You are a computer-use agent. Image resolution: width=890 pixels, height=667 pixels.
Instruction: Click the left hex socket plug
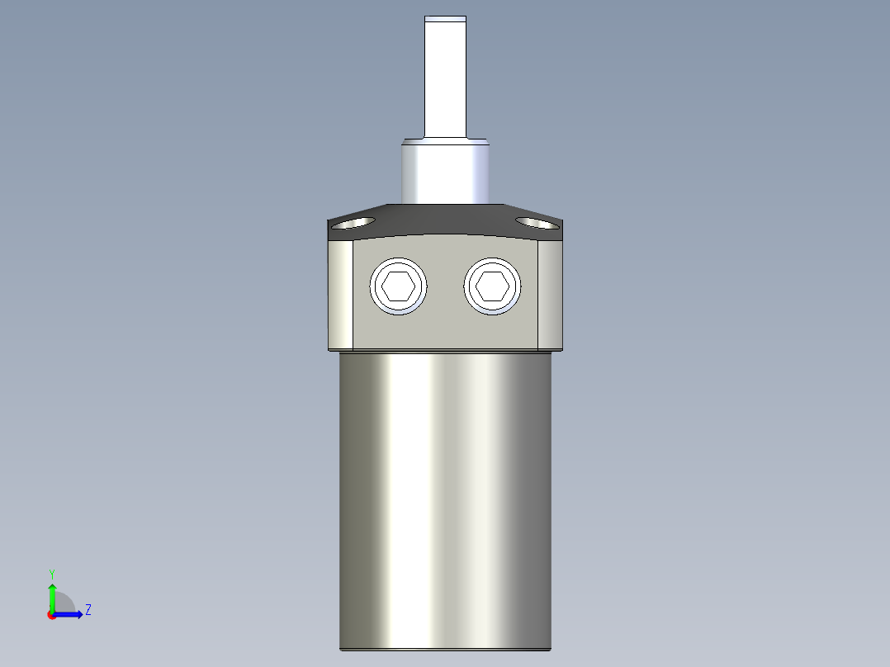point(400,286)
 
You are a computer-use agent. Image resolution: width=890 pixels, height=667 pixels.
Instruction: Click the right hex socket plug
point(494,286)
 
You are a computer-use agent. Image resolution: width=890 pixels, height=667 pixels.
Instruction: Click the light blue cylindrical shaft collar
point(445,172)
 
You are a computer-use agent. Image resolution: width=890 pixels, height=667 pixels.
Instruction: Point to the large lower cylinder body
point(445,495)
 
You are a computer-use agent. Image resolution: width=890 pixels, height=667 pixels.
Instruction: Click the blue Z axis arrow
point(71,614)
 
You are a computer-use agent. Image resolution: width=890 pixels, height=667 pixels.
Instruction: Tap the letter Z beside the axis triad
point(88,610)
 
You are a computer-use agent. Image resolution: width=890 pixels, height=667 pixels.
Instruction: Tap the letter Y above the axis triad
point(52,574)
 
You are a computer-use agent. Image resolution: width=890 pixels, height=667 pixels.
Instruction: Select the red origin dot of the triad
point(52,615)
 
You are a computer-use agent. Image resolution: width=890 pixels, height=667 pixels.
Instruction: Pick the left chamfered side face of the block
point(341,293)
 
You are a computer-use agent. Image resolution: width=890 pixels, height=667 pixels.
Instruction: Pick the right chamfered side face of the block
point(551,293)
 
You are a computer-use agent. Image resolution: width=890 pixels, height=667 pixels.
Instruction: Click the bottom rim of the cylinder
point(445,649)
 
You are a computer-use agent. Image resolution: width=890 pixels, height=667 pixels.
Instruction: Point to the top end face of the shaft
point(445,17)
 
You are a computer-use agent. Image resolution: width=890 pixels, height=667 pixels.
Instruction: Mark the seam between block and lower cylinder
point(445,351)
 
